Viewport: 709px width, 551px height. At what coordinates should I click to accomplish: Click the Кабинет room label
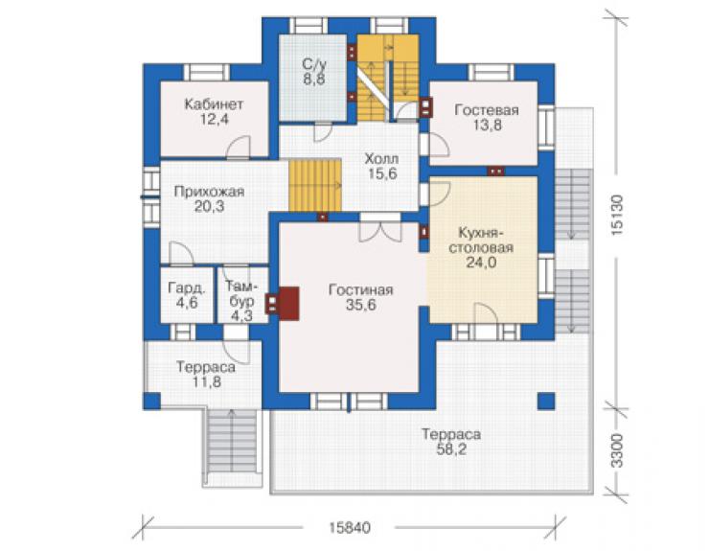pos(214,104)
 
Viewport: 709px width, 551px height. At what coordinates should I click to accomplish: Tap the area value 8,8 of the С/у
pos(314,80)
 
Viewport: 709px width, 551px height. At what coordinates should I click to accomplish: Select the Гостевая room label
pos(487,110)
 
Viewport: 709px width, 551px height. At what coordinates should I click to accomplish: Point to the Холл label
pos(381,159)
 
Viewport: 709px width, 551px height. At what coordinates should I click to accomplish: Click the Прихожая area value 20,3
pos(210,206)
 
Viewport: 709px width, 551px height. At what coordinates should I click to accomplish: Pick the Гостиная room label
pos(361,290)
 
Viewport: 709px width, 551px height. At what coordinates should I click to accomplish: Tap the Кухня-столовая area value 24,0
pos(481,262)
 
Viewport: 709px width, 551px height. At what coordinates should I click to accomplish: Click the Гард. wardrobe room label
pos(186,287)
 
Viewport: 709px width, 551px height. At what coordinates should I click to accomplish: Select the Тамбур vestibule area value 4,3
pos(241,316)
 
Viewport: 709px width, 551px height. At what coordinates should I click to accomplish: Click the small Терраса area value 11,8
pos(207,381)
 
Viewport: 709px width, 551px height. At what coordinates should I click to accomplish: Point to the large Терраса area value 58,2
pos(451,449)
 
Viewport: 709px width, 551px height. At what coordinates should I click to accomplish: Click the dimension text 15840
pos(350,527)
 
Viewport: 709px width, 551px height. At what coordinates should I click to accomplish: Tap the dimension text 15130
pos(617,215)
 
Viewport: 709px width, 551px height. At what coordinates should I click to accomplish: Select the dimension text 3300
pos(617,451)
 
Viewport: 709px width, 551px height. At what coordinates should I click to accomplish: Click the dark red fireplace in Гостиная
pos(288,304)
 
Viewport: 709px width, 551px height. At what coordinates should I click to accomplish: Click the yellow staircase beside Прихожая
pos(314,185)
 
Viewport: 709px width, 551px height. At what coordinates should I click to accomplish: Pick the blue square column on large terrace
pos(546,402)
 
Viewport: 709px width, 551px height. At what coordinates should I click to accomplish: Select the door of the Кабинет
pos(238,147)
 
